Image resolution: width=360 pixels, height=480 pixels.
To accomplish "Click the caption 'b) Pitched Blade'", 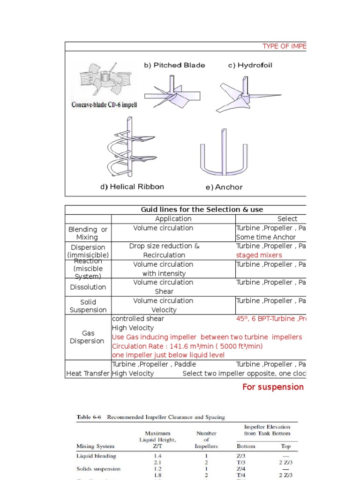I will (174, 65).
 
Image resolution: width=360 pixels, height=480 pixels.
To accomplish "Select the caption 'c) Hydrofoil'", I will (250, 65).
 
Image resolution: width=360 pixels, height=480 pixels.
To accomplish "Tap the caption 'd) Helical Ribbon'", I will (132, 187).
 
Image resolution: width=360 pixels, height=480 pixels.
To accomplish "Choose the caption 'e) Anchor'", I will (224, 187).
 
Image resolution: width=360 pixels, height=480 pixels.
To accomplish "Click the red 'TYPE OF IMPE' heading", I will (284, 46).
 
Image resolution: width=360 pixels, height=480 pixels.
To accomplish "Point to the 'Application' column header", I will (173, 219).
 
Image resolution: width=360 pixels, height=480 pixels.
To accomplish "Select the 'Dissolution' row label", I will (88, 287).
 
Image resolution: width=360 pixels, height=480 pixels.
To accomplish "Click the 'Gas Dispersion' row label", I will (87, 337).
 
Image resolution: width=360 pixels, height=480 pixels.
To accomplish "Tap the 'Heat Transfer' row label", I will (88, 374).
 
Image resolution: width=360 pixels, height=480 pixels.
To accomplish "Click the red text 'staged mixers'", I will (259, 255).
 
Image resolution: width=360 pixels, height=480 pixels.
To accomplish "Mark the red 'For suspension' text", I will (273, 387).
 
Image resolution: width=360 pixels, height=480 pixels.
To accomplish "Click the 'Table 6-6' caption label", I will (90, 417).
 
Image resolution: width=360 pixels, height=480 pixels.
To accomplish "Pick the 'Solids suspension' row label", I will (98, 469).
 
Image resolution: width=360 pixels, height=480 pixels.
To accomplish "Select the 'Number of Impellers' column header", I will (206, 440).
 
